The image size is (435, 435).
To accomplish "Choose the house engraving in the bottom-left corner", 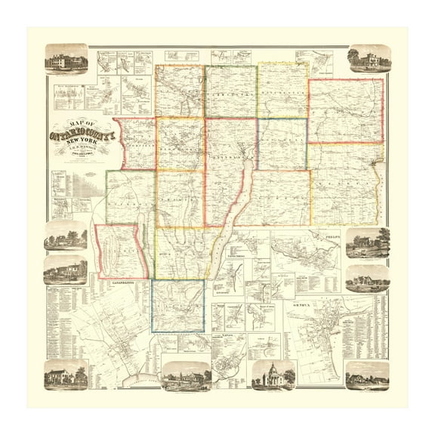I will [x=66, y=375].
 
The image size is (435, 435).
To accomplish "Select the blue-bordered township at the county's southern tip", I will [x=178, y=306].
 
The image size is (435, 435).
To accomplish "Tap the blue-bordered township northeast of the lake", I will [x=282, y=143].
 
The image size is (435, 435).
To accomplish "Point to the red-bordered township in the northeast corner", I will [x=345, y=110].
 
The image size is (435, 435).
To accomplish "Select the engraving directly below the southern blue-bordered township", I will [x=185, y=375].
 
